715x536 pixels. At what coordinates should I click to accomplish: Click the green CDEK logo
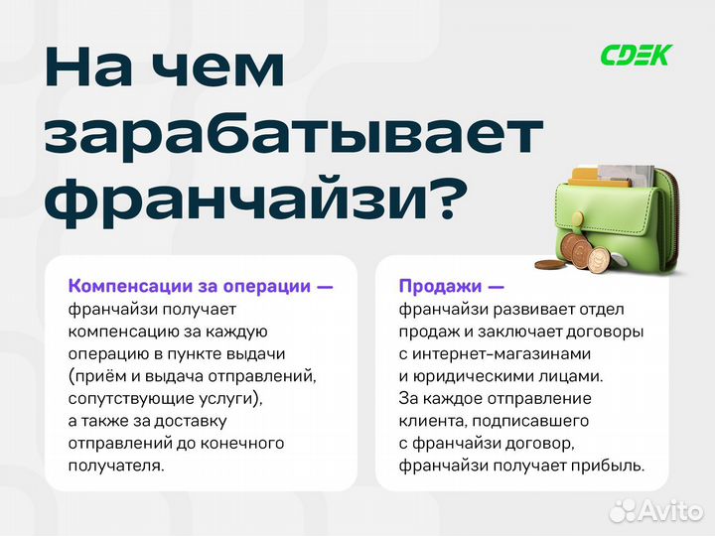coord(636,55)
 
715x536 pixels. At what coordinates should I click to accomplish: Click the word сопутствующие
coord(126,398)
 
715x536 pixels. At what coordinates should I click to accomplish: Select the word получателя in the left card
coord(111,465)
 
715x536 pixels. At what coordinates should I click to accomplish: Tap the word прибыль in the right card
coord(609,465)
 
